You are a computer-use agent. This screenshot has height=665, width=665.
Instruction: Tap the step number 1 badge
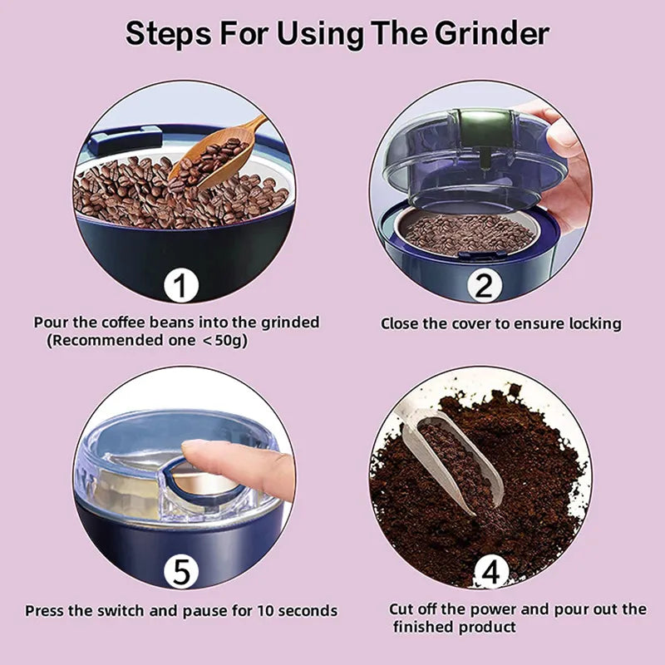click(181, 287)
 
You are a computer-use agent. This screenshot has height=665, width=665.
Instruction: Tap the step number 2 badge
click(484, 287)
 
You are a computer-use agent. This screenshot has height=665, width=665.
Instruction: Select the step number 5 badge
click(181, 572)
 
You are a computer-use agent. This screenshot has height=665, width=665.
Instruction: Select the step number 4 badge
click(490, 572)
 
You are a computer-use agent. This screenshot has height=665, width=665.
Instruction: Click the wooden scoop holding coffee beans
click(214, 154)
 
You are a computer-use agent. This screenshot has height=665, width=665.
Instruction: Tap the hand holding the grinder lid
click(565, 166)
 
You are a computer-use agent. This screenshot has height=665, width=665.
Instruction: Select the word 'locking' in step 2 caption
click(592, 323)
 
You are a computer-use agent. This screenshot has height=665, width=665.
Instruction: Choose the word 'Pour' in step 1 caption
click(51, 323)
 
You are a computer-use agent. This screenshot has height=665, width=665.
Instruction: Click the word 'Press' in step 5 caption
click(47, 611)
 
